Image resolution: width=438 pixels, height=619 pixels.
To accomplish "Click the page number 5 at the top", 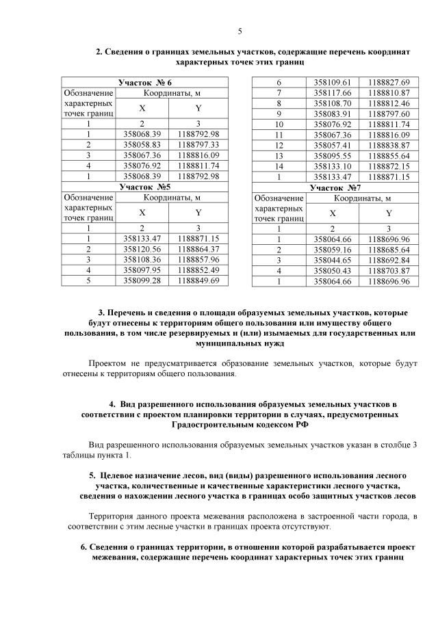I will (240, 31).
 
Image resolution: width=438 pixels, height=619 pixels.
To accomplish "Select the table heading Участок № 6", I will (144, 82).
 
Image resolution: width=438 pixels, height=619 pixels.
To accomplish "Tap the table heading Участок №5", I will (144, 186).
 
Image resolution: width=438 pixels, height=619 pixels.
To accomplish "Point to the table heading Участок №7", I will (335, 186).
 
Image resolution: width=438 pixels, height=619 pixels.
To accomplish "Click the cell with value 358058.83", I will (142, 145).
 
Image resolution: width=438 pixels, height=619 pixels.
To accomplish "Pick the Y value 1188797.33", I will (198, 145).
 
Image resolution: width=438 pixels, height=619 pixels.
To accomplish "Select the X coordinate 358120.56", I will (142, 249).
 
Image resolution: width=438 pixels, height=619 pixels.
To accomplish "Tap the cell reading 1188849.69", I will (198, 280).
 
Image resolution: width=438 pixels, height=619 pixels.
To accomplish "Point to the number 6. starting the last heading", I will (84, 547).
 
